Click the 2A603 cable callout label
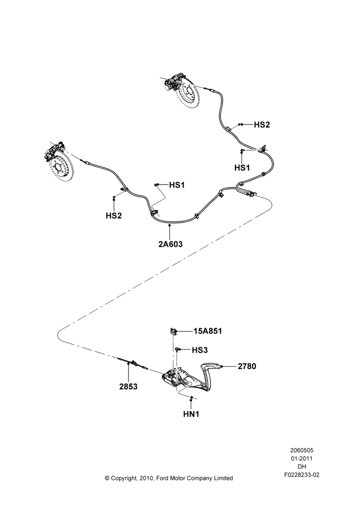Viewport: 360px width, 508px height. [170, 244]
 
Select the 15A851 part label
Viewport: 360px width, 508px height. [208, 331]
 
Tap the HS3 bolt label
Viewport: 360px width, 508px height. [200, 350]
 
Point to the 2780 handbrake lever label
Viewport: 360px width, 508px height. [247, 366]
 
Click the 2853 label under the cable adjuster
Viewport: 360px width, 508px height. [128, 387]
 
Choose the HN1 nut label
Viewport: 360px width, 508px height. [191, 414]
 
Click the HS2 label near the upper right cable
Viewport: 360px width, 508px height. [262, 124]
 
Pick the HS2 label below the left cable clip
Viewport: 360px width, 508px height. [114, 215]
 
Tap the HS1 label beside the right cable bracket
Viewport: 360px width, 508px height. [242, 168]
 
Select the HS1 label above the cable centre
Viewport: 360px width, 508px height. [177, 185]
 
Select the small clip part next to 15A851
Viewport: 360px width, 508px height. [173, 331]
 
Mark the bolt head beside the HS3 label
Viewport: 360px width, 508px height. [178, 350]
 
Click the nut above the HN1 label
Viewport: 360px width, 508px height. [191, 397]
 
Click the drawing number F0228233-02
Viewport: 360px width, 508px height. [302, 475]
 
